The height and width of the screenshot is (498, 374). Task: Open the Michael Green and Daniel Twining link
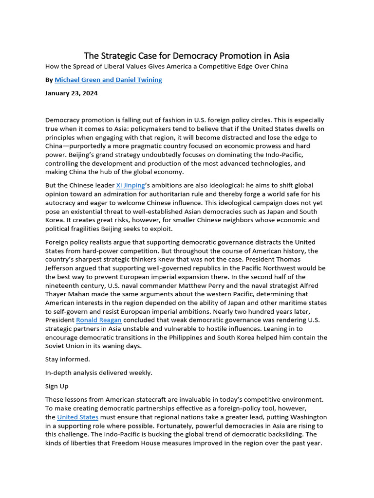coord(108,80)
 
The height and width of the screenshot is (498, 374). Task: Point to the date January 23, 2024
coord(71,93)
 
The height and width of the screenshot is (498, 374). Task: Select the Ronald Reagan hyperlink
coord(99,320)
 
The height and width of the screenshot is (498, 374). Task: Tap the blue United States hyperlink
coord(78,417)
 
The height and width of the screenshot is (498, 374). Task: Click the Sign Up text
coord(57,386)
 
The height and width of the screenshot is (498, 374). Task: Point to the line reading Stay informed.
coord(68,359)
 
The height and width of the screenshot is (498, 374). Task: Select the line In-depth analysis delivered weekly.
coord(99,373)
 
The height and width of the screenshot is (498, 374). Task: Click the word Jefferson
coord(61,268)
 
